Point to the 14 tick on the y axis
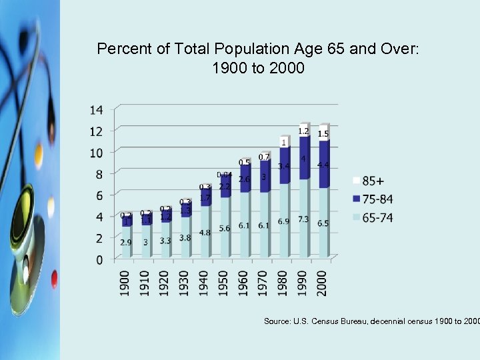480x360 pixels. [x=96, y=109]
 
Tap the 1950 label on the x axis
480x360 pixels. [x=224, y=283]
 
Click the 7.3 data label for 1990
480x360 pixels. [x=303, y=219]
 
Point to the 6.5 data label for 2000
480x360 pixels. [x=323, y=223]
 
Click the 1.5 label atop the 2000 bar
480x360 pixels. [x=323, y=134]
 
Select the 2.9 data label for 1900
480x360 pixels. [x=126, y=243]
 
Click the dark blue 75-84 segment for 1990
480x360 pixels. [x=304, y=160]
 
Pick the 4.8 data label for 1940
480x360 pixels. [x=205, y=233]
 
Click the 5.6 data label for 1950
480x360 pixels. [x=225, y=228]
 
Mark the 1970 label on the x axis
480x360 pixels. [x=263, y=283]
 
